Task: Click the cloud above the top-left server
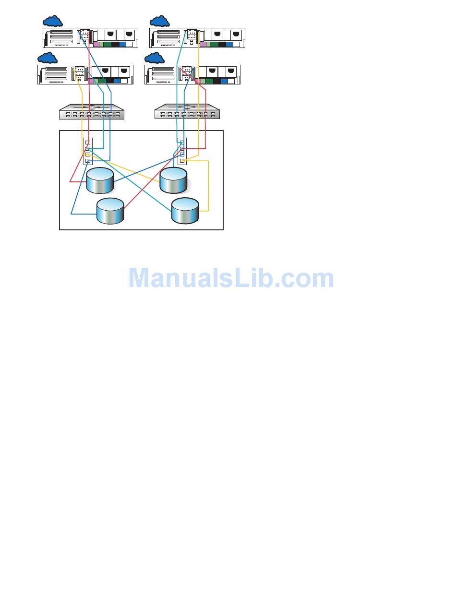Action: click(x=52, y=21)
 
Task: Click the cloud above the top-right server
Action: click(x=159, y=21)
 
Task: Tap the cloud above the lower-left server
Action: click(x=47, y=58)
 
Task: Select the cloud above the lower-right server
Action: click(x=154, y=58)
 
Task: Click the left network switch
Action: click(x=91, y=112)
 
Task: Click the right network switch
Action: click(x=187, y=112)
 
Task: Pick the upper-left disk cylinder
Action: click(x=100, y=180)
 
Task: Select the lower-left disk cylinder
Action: click(x=110, y=211)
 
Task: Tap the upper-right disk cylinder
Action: click(x=173, y=180)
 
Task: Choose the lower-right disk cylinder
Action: click(x=185, y=211)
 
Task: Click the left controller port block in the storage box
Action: click(x=88, y=152)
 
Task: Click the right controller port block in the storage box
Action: click(x=182, y=152)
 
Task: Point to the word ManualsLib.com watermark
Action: click(x=231, y=278)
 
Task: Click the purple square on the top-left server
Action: click(x=96, y=45)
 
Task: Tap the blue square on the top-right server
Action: click(x=229, y=45)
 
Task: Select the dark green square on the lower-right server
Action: click(x=209, y=81)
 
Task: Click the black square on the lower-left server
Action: click(x=109, y=81)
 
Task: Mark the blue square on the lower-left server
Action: click(x=118, y=81)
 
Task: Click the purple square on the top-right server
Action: click(x=203, y=45)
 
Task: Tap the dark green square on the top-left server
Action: click(x=107, y=45)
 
